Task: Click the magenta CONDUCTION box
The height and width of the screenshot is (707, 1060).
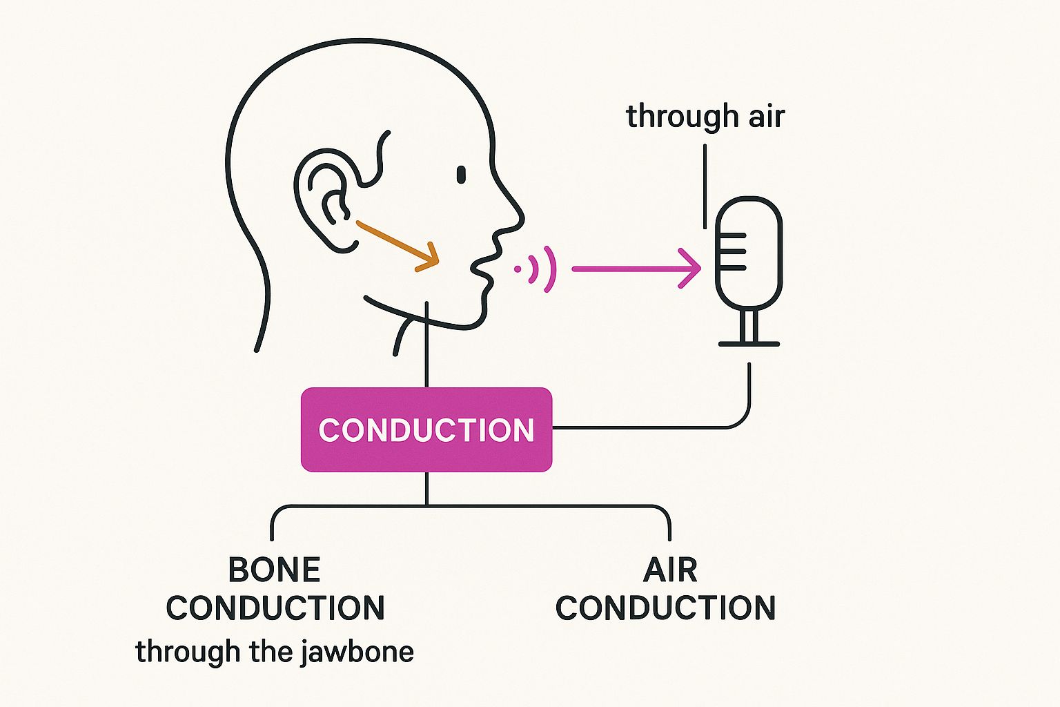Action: pos(426,429)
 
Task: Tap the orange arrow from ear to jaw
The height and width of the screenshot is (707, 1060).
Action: pos(397,244)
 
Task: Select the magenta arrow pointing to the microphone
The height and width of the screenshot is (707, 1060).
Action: pos(635,269)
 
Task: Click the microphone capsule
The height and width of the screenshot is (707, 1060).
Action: pos(749,253)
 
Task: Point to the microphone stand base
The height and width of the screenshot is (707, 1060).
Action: pos(749,343)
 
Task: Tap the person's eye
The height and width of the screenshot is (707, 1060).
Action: pos(461,175)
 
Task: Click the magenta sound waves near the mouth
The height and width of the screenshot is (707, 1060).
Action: pos(538,269)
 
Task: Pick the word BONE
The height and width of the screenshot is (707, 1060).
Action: pos(275,570)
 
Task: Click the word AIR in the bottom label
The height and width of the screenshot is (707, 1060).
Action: pos(669,570)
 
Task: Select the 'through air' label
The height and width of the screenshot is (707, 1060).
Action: pos(705,116)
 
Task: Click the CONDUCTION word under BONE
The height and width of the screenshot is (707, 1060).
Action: pos(275,608)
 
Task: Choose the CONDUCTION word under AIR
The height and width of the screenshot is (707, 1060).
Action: pos(665,608)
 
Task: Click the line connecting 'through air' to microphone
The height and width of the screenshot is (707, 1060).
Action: pos(705,186)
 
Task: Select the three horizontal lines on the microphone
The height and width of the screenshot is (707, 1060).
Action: pos(733,252)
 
